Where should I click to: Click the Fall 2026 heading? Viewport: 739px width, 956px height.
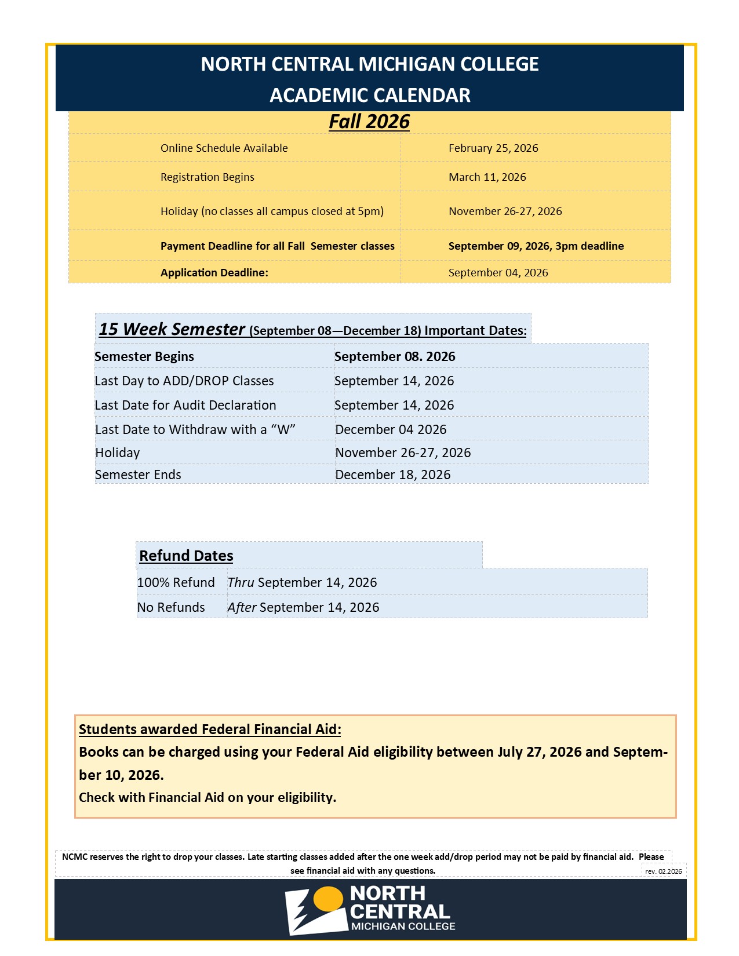tap(369, 122)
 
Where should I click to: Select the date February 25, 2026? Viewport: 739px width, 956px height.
tap(493, 148)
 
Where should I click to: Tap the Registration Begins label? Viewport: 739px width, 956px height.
tap(207, 177)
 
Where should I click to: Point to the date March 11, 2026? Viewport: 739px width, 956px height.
tap(487, 177)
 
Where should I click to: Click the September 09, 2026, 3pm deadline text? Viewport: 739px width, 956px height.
tap(536, 246)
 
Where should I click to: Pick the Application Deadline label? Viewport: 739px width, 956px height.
tap(214, 273)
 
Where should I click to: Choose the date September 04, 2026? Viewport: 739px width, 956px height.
tap(498, 273)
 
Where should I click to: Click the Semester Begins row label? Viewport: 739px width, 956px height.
tap(144, 357)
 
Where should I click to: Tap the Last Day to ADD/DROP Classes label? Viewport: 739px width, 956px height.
tap(184, 381)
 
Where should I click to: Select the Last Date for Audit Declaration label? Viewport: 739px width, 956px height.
tap(185, 406)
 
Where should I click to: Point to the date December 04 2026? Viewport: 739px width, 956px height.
tap(391, 430)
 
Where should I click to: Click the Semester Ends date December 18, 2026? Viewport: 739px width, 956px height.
tap(392, 475)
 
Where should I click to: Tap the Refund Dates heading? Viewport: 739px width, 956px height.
tap(186, 556)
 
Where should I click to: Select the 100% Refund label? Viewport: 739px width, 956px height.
tap(176, 583)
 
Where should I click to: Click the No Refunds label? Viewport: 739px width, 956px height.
tap(171, 608)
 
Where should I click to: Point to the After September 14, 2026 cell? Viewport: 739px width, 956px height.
tap(303, 608)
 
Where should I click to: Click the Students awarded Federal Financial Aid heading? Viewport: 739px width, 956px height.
tap(210, 729)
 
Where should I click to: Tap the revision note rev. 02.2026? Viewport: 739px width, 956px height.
tap(663, 871)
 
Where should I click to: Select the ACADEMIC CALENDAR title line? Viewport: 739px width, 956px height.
tap(370, 96)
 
